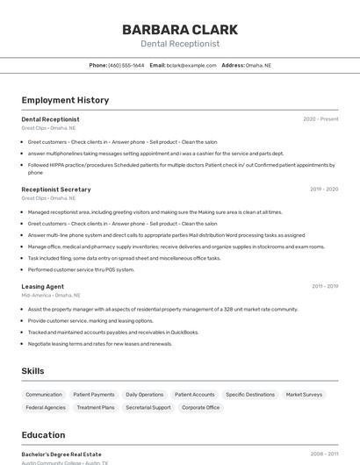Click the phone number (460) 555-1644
(126, 65)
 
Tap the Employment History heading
(65, 100)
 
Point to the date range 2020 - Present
(320, 119)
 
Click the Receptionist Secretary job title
(56, 190)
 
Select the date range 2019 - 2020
(323, 190)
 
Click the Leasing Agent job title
(42, 287)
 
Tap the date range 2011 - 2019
(324, 287)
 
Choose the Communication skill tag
(44, 395)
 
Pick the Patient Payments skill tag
(94, 395)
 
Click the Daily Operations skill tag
(144, 395)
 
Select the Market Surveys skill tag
(304, 395)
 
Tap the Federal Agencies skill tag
(46, 407)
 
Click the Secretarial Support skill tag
(148, 407)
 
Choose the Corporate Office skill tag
(200, 407)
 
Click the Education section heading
(43, 435)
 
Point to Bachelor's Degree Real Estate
(61, 454)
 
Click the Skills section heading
(32, 371)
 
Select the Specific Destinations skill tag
(250, 395)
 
